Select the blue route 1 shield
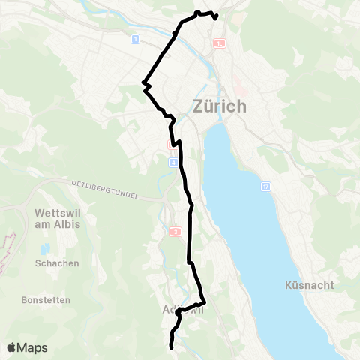pyautogui.click(x=135, y=38)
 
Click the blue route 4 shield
pyautogui.click(x=174, y=163)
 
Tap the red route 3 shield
pyautogui.click(x=175, y=232)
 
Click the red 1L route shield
pyautogui.click(x=219, y=44)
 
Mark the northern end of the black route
pyautogui.click(x=215, y=17)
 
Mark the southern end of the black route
pyautogui.click(x=172, y=347)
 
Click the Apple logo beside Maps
pyautogui.click(x=12, y=347)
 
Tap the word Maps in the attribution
pyautogui.click(x=34, y=347)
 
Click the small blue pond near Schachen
pyautogui.click(x=45, y=248)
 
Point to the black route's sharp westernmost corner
pyautogui.click(x=143, y=82)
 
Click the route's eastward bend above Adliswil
pyautogui.click(x=204, y=301)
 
